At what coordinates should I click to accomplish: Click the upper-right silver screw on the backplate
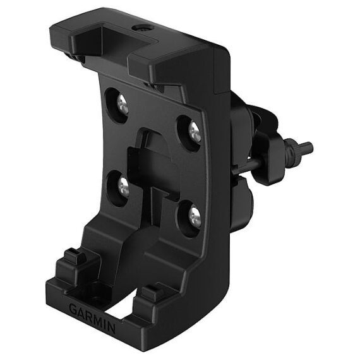pos(195,133)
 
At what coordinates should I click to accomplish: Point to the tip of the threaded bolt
pos(309,148)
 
